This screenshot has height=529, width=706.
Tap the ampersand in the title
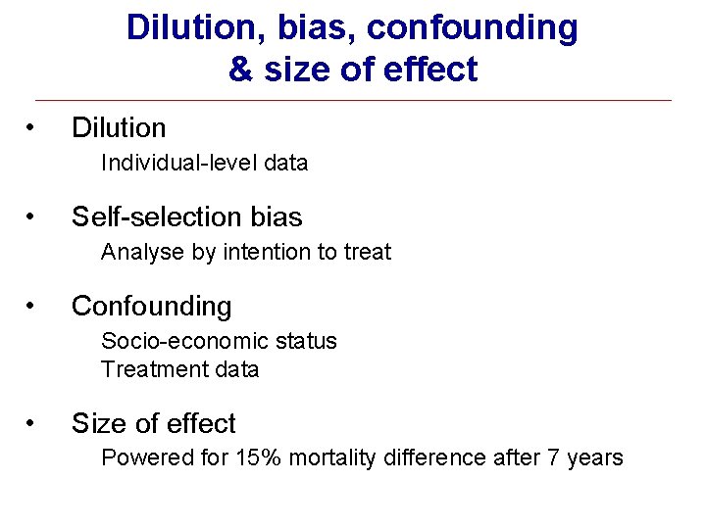point(238,70)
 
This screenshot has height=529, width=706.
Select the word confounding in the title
point(472,28)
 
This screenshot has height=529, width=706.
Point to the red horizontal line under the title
point(353,100)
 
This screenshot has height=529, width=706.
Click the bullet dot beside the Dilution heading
point(32,127)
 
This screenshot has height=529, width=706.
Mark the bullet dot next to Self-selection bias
point(32,216)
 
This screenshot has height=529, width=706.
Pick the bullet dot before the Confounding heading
point(32,306)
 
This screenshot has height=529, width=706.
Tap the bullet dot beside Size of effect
point(32,423)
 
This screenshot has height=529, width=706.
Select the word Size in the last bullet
point(95,423)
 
